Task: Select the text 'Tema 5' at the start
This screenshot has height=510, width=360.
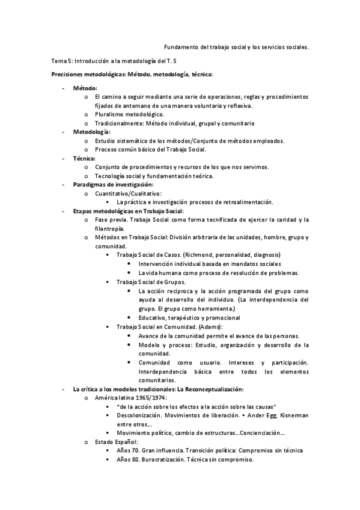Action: coord(61,61)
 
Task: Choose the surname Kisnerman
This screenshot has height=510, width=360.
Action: coord(292,415)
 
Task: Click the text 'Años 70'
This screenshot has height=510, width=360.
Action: coord(127,450)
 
